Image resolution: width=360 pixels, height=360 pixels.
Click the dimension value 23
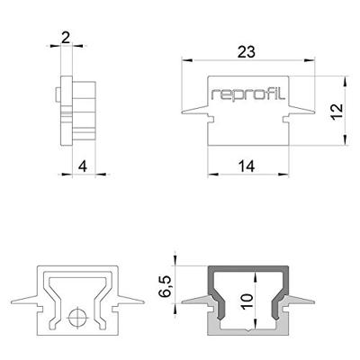pyautogui.click(x=244, y=52)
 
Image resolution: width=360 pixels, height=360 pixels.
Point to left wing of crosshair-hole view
pyautogui.click(x=25, y=300)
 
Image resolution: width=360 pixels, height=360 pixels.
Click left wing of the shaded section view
pyautogui.click(x=194, y=300)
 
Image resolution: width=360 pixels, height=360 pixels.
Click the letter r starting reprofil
pyautogui.click(x=214, y=94)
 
